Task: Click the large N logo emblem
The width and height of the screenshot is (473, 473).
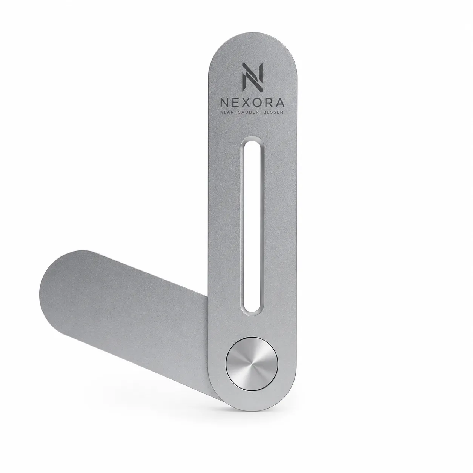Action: click(253, 77)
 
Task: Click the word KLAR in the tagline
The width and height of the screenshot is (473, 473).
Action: click(227, 112)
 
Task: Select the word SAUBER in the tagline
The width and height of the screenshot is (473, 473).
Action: click(250, 112)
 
